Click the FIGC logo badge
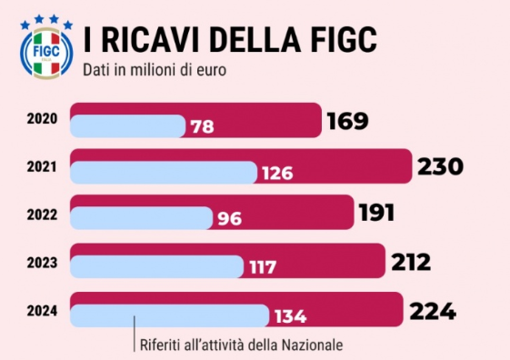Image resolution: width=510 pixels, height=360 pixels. tap(46, 53)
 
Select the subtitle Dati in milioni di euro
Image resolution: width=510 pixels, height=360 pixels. tap(155, 70)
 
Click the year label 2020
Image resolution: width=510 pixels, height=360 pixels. tap(42, 119)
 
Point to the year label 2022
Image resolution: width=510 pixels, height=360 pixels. tap(42, 215)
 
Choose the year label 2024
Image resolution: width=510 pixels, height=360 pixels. tap(42, 311)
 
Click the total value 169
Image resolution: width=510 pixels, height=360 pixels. tap(347, 121)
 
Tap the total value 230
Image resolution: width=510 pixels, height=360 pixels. tap(440, 166)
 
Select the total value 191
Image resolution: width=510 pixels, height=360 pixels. tap(376, 213)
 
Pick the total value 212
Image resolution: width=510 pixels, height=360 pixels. tap(411, 262)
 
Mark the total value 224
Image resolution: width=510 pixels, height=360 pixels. tap(433, 311)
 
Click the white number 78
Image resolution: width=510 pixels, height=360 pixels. tap(203, 127)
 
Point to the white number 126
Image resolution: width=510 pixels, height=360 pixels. tap(277, 173)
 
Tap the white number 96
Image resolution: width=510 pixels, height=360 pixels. tap(230, 218)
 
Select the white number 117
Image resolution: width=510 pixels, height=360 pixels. tap(263, 267)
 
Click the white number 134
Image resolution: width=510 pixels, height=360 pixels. tap(290, 316)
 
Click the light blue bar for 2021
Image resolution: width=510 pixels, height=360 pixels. tap(164, 173)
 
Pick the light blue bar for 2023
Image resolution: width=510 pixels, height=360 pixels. tap(156, 266)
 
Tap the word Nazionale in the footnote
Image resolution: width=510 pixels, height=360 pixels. tap(312, 345)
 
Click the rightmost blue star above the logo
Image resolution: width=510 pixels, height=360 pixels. tap(68, 25)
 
